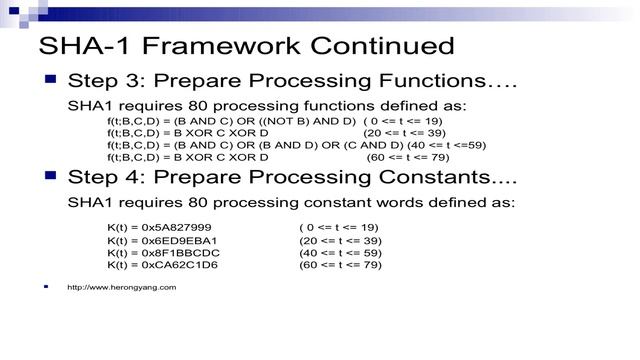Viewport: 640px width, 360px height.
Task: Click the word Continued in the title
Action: click(x=378, y=46)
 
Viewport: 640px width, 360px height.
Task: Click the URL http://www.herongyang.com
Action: click(x=121, y=287)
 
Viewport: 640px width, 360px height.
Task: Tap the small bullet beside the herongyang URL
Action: click(x=46, y=287)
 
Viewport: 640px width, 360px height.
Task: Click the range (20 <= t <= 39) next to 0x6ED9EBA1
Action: click(x=340, y=240)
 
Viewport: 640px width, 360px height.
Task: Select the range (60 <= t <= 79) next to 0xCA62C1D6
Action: click(x=340, y=265)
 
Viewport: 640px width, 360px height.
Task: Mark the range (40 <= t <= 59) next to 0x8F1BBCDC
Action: click(x=340, y=252)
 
